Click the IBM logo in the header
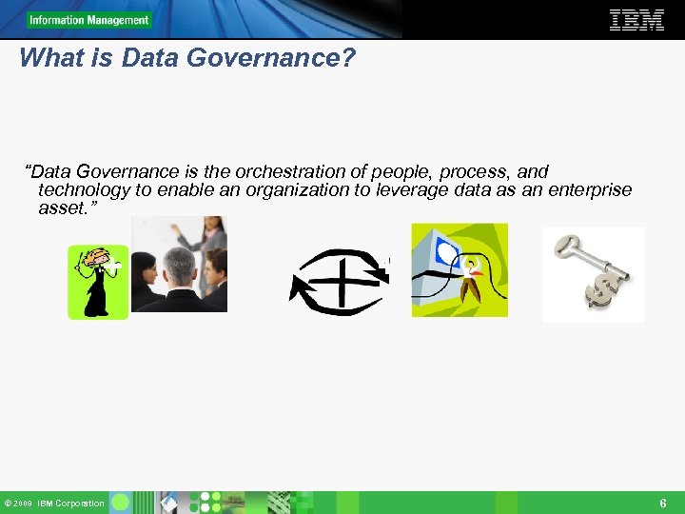pyautogui.click(x=636, y=20)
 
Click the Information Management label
pyautogui.click(x=88, y=20)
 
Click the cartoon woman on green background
pyautogui.click(x=97, y=282)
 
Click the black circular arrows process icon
pyautogui.click(x=339, y=281)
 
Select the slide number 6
pyautogui.click(x=663, y=503)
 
